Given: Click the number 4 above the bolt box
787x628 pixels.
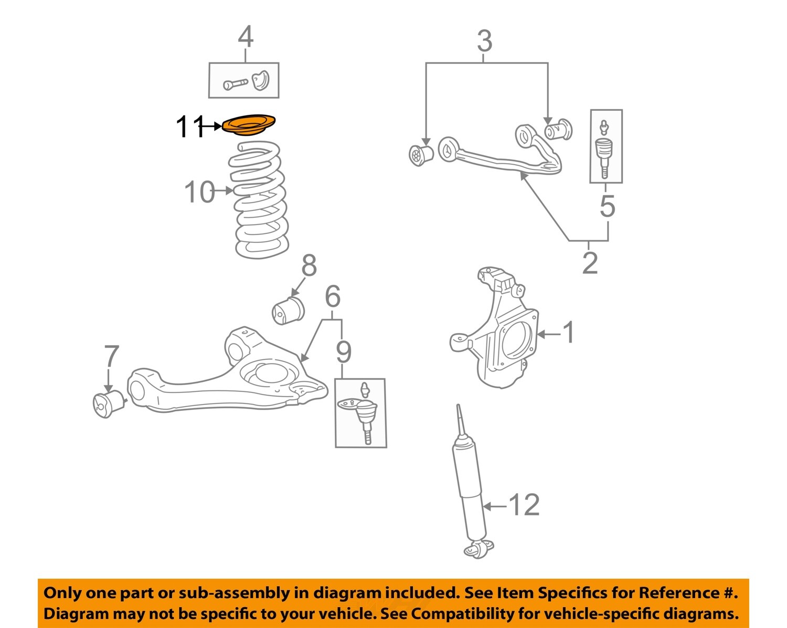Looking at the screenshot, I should tap(245, 37).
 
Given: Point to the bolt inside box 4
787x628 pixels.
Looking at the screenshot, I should tap(235, 83).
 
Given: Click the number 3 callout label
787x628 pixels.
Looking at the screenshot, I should tap(484, 41).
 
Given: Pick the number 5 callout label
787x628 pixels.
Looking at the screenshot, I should tap(607, 206).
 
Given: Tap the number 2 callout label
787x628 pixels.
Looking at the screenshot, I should tap(590, 263).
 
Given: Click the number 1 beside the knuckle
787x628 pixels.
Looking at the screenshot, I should tap(568, 333).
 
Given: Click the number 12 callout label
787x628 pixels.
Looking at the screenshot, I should tap(524, 505).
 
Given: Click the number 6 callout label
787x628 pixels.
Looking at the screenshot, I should tap(333, 296).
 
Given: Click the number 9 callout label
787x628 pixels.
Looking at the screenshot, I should tap(344, 352).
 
